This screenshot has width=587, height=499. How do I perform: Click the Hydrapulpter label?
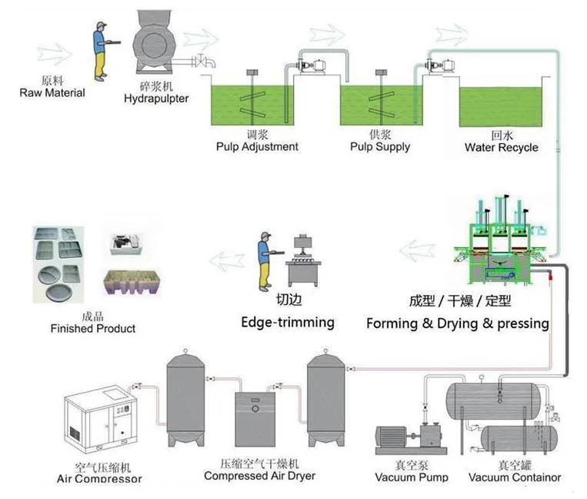pos(155,98)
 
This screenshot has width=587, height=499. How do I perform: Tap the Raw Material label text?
pos(52,92)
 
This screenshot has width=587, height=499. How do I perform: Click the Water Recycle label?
pos(501,147)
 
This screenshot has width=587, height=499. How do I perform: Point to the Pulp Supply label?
pos(379,146)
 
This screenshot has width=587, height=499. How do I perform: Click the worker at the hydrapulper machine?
pos(101,50)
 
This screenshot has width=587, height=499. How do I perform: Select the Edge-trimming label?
pos(288,322)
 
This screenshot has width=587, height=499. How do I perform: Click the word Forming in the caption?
pos(392,323)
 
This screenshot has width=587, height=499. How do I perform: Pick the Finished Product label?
pos(92,329)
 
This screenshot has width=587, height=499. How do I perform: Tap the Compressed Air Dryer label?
pos(259,475)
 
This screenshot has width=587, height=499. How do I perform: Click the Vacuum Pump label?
pos(412,477)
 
